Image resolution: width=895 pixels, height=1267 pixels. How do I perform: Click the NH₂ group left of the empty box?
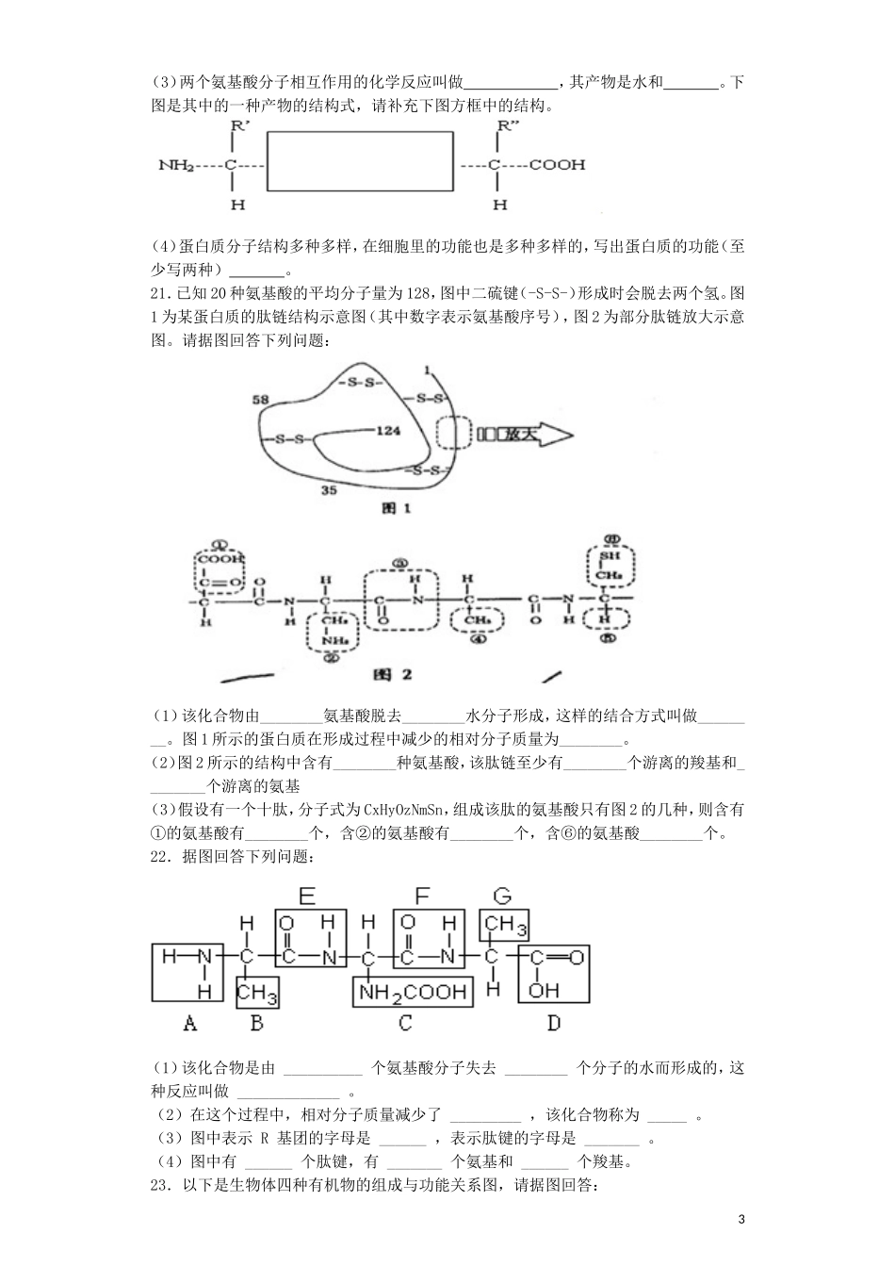(176, 165)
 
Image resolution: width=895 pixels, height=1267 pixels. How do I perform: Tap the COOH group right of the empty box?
(557, 165)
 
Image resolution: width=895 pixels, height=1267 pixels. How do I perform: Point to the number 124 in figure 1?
(388, 431)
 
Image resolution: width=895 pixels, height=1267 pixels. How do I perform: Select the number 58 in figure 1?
(262, 400)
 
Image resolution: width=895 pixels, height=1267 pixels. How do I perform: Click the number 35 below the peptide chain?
(329, 490)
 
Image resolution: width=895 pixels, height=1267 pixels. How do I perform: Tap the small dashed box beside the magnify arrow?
(452, 434)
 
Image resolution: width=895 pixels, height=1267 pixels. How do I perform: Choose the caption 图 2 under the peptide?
(393, 675)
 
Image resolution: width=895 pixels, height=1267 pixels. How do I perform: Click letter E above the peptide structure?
(306, 896)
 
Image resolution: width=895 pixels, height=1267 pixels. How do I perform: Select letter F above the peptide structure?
(422, 896)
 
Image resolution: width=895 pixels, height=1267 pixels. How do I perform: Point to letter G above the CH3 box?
(503, 896)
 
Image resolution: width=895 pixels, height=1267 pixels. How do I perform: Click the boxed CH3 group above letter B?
(256, 993)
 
